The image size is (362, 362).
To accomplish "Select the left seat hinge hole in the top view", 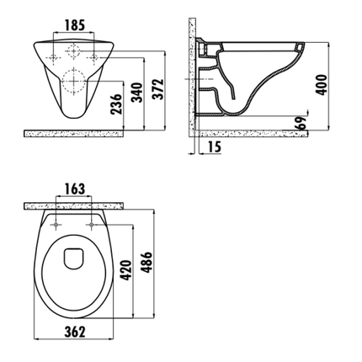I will [56, 225].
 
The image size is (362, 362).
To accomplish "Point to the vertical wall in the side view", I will [192, 76].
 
